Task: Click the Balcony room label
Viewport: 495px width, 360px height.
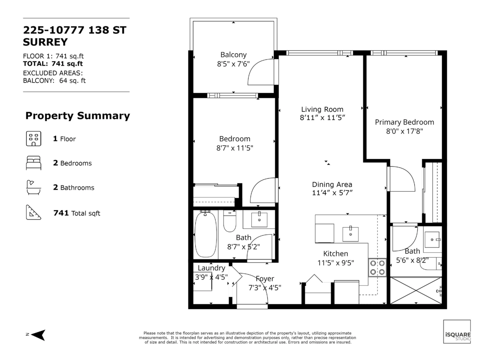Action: pyautogui.click(x=233, y=55)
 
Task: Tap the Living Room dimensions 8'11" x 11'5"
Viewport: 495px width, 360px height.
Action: pyautogui.click(x=322, y=118)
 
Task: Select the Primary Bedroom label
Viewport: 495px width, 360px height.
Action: pyautogui.click(x=404, y=122)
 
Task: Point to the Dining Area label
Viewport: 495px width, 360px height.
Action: pyautogui.click(x=332, y=184)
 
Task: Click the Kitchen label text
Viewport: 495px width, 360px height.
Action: pyautogui.click(x=336, y=254)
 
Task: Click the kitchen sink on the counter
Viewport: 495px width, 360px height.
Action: pyautogui.click(x=350, y=233)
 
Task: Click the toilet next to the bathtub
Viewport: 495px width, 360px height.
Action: pyautogui.click(x=229, y=221)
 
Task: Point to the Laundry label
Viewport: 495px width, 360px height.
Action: pyautogui.click(x=211, y=268)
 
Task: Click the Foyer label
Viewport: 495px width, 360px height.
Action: pyautogui.click(x=265, y=279)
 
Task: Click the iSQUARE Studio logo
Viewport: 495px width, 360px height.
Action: pyautogui.click(x=457, y=332)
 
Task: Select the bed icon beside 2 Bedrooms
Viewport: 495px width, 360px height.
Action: pyautogui.click(x=33, y=163)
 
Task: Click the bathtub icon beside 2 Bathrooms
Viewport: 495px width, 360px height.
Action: pyautogui.click(x=33, y=187)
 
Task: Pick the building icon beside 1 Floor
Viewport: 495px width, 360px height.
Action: pyautogui.click(x=33, y=139)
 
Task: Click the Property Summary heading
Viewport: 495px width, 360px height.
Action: pyautogui.click(x=78, y=116)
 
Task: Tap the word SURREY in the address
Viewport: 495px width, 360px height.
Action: pyautogui.click(x=45, y=42)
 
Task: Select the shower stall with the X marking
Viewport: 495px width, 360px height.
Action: pyautogui.click(x=415, y=291)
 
